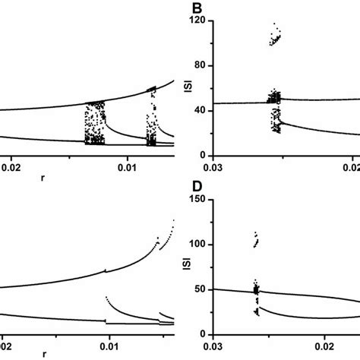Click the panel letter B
click(197, 11)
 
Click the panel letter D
click(197, 199)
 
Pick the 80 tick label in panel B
click(203, 63)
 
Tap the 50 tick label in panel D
click(203, 289)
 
